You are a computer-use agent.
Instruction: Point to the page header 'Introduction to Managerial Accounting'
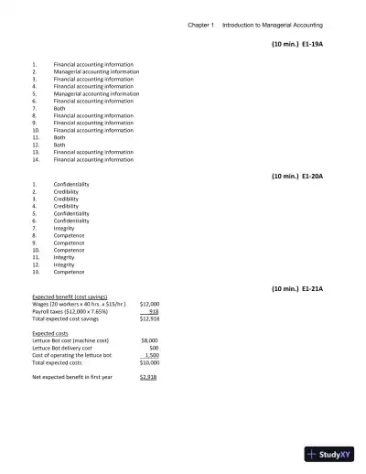273,25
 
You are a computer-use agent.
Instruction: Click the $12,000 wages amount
149,303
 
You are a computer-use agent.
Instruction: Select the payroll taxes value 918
154,310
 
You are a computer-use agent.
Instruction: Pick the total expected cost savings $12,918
149,318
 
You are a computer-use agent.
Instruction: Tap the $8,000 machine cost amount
151,339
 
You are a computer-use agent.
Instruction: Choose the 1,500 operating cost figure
152,355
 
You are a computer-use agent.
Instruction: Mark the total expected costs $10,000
149,362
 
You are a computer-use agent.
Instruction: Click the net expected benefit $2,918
149,377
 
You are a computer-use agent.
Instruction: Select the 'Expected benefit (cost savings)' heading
70,296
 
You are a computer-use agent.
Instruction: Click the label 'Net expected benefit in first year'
72,377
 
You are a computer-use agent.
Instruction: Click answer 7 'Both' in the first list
59,108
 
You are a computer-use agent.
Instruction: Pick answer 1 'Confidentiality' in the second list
71,184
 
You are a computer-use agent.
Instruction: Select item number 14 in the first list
35,159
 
